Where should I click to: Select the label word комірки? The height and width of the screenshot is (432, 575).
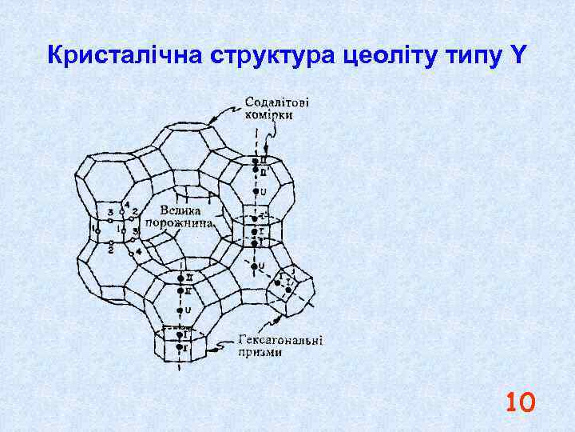[269, 114]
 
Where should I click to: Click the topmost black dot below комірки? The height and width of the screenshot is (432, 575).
[254, 160]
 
